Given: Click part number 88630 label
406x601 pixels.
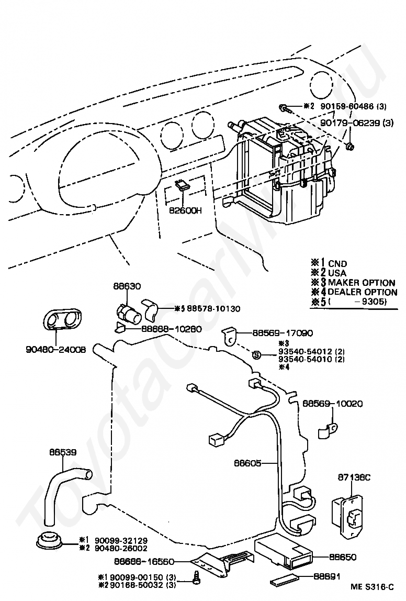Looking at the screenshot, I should [x=127, y=286].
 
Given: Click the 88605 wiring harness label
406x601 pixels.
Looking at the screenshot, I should [x=248, y=463].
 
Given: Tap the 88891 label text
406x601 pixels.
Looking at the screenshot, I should [x=329, y=576].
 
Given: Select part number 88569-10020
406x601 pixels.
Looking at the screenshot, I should [x=332, y=404].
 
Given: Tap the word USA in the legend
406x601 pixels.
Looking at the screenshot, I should [x=337, y=273].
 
